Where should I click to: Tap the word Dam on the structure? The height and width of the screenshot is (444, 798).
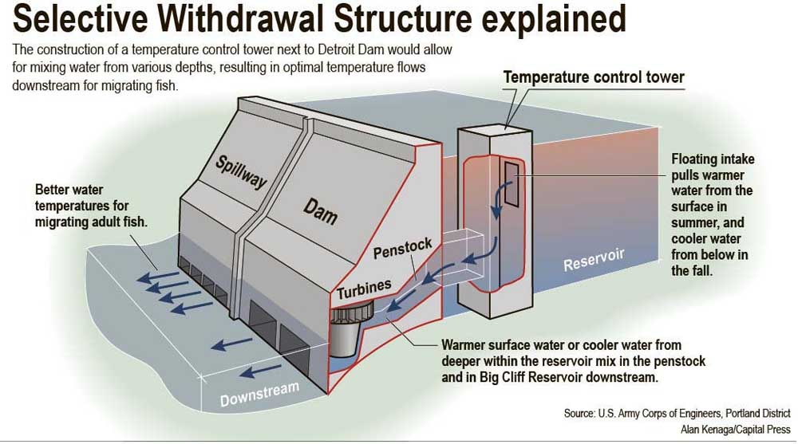pyautogui.click(x=320, y=210)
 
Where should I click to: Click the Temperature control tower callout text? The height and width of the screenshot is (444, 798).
pyautogui.click(x=594, y=78)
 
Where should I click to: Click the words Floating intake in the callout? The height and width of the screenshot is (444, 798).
pyautogui.click(x=713, y=159)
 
